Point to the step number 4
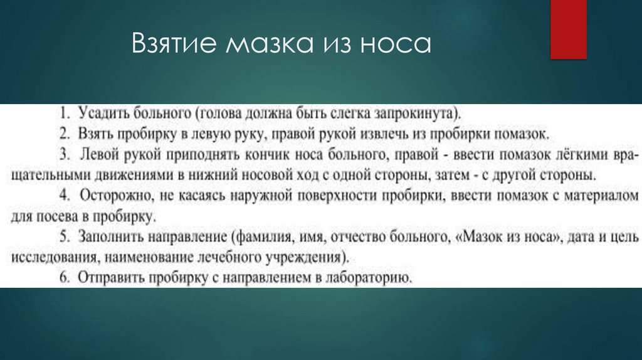coord(66,196)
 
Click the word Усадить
coord(99,114)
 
